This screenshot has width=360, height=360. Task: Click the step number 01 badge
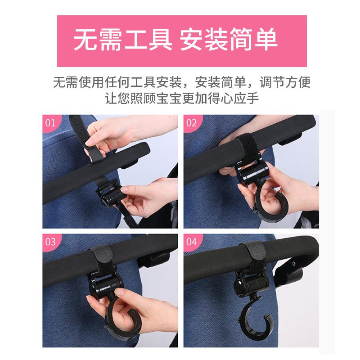(x=50, y=123)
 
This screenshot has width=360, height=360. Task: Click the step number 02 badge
(x=192, y=123)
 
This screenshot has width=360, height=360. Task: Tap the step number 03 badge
(x=50, y=242)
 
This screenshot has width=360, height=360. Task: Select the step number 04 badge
(x=192, y=242)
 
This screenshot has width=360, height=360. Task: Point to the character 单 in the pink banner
(x=266, y=40)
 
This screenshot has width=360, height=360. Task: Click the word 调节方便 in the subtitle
(x=285, y=82)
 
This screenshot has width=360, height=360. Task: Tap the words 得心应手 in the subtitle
(x=234, y=99)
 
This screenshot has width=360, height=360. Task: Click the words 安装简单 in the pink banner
(x=229, y=40)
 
